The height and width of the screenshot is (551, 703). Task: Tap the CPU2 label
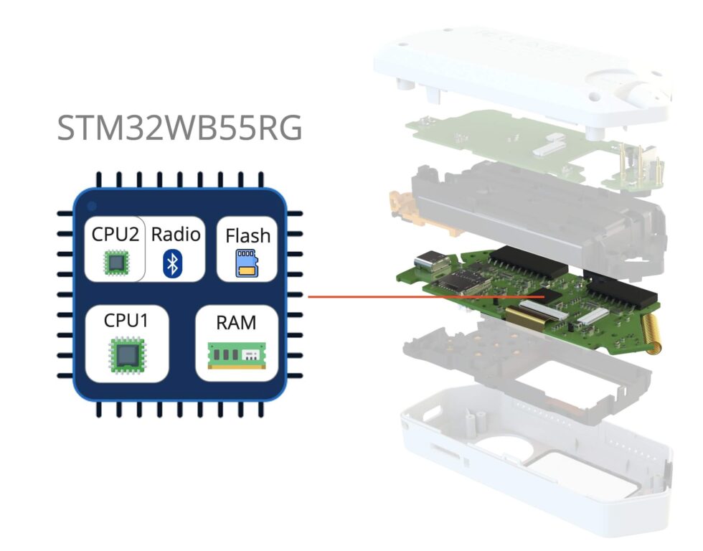pos(115,234)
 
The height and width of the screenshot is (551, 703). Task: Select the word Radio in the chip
pos(176,234)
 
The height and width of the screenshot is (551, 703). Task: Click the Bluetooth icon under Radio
pos(171,263)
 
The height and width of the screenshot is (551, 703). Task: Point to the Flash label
pos(247,235)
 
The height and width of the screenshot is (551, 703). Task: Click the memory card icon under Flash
pos(247,263)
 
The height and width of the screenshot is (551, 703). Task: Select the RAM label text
pos(236,322)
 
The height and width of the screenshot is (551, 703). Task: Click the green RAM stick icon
pos(236,354)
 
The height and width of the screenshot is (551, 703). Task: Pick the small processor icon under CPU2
pos(115,263)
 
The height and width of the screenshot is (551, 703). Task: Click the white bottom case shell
pos(531,459)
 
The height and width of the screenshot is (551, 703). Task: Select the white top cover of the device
pos(516,72)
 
